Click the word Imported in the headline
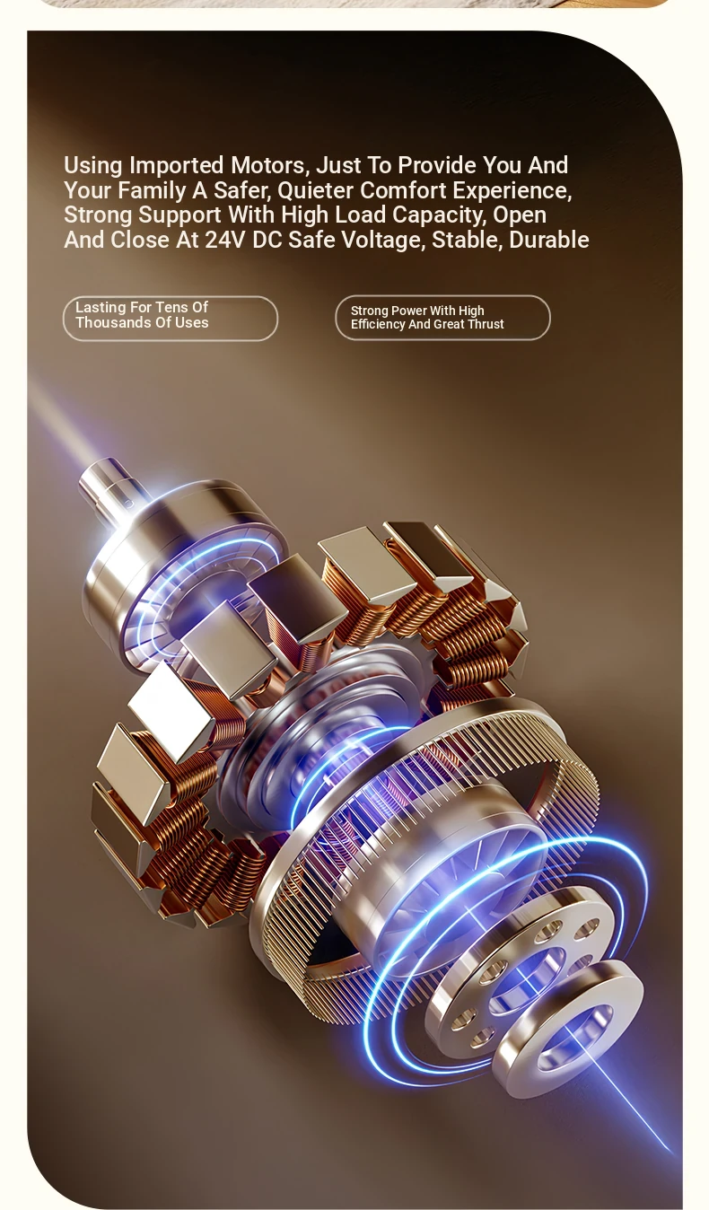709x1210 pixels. (176, 166)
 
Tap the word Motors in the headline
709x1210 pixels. (270, 165)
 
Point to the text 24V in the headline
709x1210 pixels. (224, 240)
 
